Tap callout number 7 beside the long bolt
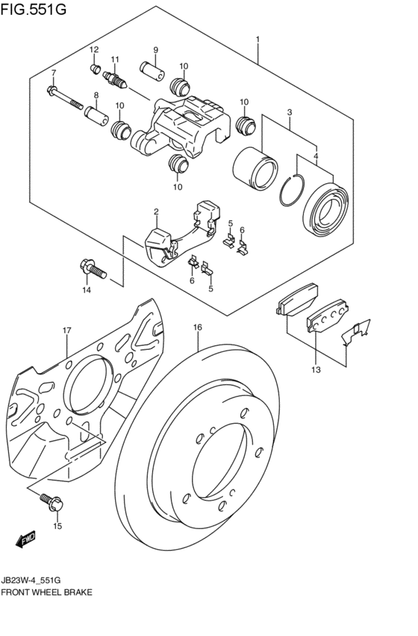point(53,72)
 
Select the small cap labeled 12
point(95,70)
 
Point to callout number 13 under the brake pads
point(316,369)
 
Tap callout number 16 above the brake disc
point(198,327)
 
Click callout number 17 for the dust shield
point(66,330)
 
